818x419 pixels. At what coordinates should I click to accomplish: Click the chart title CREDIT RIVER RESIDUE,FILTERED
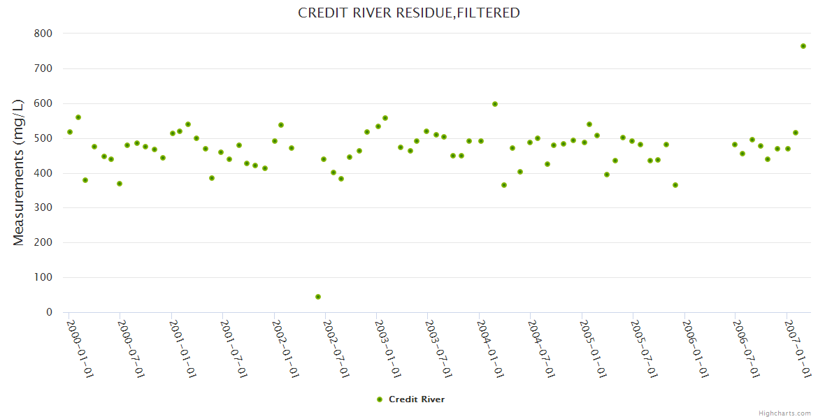tap(409, 13)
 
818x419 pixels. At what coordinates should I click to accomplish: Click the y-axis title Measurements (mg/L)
tap(19, 172)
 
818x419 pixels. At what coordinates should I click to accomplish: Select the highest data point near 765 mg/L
tap(803, 46)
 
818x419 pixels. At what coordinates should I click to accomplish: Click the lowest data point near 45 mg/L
tap(318, 297)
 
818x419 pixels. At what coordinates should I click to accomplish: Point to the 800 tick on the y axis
tap(43, 34)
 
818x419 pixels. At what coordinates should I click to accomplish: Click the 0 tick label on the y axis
tap(49, 312)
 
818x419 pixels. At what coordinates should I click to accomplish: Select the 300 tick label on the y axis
tap(43, 208)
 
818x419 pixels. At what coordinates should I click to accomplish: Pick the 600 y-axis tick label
tap(43, 103)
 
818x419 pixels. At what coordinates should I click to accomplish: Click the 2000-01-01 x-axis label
tap(80, 348)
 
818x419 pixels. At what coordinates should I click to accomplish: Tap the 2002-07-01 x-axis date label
tap(336, 348)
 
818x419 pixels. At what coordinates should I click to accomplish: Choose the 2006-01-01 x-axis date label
tap(695, 348)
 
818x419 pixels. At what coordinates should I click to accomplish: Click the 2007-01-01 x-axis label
tap(798, 348)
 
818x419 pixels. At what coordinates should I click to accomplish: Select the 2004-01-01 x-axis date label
tap(490, 348)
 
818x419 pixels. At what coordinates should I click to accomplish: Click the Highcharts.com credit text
tap(784, 413)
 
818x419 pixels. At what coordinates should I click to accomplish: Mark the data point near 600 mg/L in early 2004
tap(495, 104)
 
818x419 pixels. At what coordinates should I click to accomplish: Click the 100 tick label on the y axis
tap(43, 277)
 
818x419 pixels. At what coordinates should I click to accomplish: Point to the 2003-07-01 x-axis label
tap(439, 348)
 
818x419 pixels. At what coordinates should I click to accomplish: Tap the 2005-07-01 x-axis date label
tap(644, 348)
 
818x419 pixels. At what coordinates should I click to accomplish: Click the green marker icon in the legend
tap(380, 399)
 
